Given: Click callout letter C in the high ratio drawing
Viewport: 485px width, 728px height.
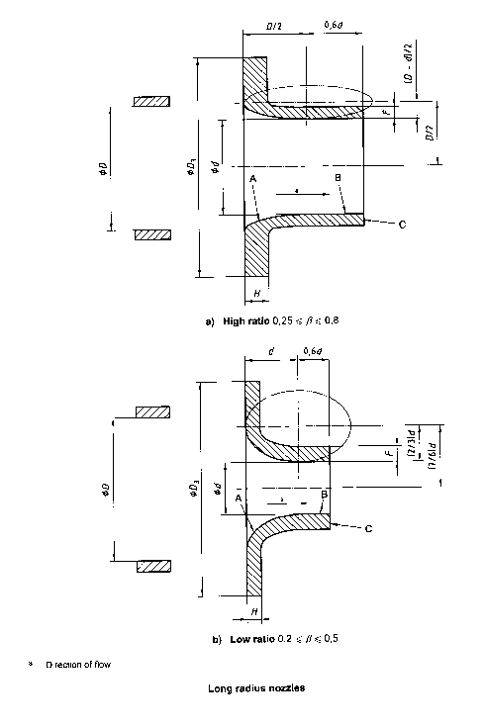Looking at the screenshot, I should point(403,226).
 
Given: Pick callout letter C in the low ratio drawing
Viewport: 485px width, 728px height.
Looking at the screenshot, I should point(368,530).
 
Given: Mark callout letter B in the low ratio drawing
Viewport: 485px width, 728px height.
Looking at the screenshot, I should point(325,494).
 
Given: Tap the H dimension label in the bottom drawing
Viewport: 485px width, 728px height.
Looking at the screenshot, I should point(254,612).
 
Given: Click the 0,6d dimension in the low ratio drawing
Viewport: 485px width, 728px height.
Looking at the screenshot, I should point(312,352).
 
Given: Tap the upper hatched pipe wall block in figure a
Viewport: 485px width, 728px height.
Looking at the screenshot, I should point(153,101).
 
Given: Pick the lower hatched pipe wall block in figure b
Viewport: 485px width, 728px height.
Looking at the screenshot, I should point(153,566).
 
